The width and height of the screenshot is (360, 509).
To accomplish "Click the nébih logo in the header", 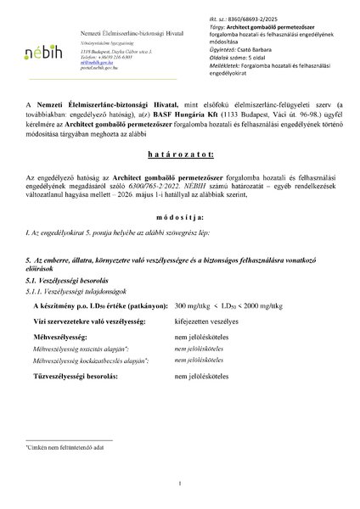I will coord(38,51).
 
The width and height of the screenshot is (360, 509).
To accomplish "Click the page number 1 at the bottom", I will coord(180,483).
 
